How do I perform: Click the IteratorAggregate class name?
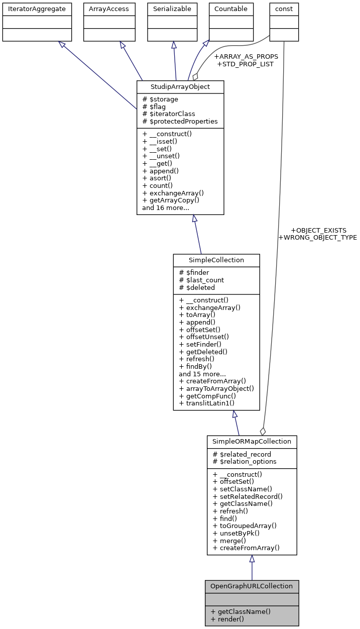(37, 9)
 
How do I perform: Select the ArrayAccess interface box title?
(109, 9)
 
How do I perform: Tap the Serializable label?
(172, 9)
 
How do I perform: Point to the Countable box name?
(231, 9)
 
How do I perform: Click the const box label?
(284, 9)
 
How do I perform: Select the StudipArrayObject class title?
(180, 86)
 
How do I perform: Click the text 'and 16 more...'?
(165, 207)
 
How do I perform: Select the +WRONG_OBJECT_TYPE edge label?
(317, 237)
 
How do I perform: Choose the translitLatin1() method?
(206, 403)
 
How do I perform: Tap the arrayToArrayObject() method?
(216, 388)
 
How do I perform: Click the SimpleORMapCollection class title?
(252, 441)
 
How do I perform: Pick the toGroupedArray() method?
(245, 526)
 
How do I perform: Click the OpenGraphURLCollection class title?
(252, 586)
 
